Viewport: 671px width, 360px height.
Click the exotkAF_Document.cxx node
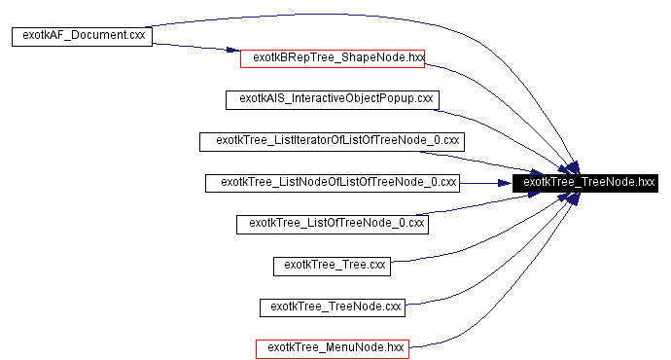point(82,37)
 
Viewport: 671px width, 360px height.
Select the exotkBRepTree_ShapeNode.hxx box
point(333,58)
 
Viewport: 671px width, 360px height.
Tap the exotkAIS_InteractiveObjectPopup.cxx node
point(333,99)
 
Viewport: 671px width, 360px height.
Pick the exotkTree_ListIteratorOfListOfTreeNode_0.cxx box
point(333,141)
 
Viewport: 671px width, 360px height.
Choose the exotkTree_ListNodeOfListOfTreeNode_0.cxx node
point(333,182)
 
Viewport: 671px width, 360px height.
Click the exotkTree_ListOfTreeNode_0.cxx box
point(333,224)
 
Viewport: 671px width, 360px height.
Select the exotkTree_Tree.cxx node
point(333,265)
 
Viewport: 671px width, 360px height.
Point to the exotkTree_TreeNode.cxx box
point(333,306)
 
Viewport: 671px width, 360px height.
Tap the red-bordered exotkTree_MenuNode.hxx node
point(333,347)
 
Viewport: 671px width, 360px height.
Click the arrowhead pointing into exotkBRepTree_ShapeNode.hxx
point(233,53)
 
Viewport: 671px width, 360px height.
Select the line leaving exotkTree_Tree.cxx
point(457,252)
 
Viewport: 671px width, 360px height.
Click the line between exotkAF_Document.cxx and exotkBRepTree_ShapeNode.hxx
point(194,47)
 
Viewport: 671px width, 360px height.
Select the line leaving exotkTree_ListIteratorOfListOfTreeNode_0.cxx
point(506,159)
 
